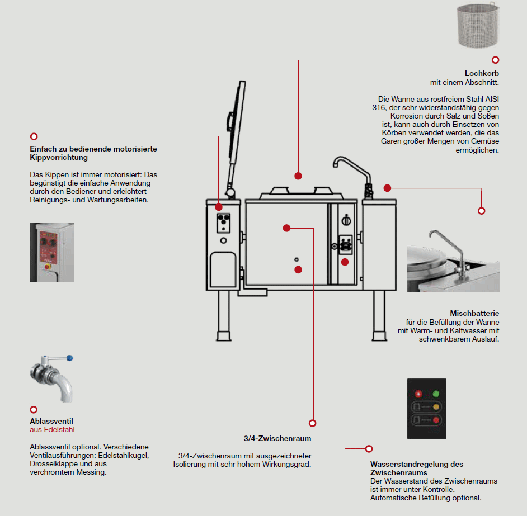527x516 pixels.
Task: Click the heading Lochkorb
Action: [482, 73]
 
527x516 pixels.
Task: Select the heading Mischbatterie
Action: [474, 313]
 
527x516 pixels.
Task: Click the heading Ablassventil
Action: [51, 421]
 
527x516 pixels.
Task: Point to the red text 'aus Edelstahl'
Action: [52, 430]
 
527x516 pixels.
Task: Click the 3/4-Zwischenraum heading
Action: [277, 438]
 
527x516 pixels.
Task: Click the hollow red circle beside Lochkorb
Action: [495, 60]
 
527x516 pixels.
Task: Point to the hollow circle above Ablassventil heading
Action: [34, 410]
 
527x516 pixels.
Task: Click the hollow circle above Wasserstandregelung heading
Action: [369, 448]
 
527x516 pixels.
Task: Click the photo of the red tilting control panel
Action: [51, 252]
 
